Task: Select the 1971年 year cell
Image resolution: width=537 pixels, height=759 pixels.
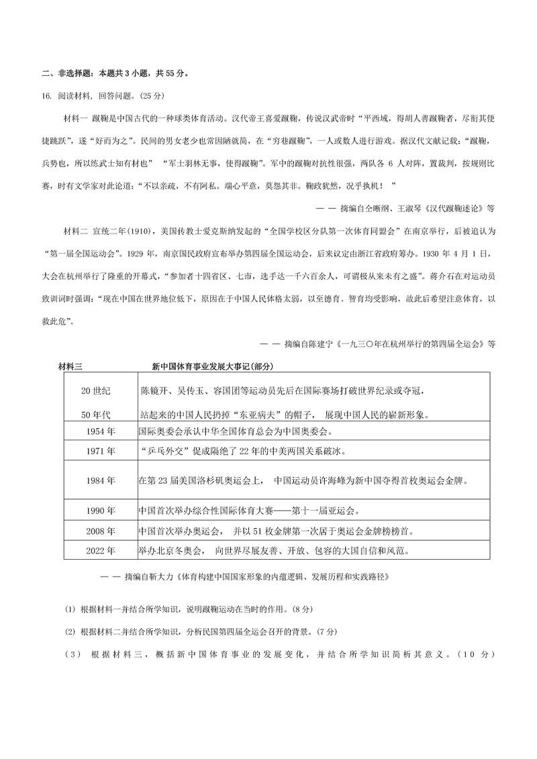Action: pyautogui.click(x=101, y=450)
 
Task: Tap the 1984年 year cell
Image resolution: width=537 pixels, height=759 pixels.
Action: pyautogui.click(x=101, y=480)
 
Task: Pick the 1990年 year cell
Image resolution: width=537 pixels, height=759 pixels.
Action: pyautogui.click(x=101, y=511)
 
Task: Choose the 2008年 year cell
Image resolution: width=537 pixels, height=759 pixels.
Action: pyautogui.click(x=101, y=532)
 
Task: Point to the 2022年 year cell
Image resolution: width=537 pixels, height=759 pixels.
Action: pyautogui.click(x=101, y=551)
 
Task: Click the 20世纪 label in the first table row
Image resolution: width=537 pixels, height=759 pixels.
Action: pyautogui.click(x=95, y=391)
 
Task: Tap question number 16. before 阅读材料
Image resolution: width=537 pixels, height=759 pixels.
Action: pyautogui.click(x=46, y=96)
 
